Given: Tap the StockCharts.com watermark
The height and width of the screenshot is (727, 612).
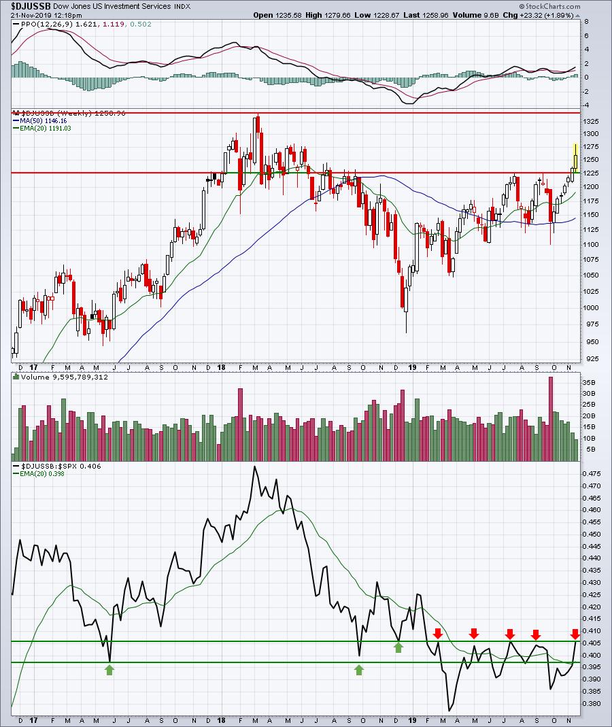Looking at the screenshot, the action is coord(550,7).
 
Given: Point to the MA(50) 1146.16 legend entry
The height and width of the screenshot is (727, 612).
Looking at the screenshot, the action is coord(43,120).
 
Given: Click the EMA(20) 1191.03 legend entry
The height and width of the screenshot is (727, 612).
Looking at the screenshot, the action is coord(45,128).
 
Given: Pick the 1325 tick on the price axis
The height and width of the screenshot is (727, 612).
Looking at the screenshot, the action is coord(591,122).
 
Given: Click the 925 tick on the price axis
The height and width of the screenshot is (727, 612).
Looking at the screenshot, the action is coord(591,359).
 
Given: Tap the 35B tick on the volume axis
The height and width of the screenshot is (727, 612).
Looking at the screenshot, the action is coord(589,382).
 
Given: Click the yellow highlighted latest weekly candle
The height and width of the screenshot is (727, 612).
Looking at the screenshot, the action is coord(575,158).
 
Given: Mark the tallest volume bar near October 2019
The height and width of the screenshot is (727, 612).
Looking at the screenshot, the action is coord(551,419).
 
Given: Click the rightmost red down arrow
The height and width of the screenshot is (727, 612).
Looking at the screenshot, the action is coord(575,635).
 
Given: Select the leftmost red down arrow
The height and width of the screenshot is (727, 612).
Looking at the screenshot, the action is coord(438,633).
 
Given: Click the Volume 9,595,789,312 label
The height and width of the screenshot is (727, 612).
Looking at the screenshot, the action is coord(64,377).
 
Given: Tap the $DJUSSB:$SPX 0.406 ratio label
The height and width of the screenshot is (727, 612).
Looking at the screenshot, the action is coord(61,466).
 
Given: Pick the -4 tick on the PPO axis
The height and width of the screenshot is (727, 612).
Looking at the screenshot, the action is coord(586,105).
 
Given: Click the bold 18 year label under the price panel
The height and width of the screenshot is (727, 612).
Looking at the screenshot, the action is coord(222,367).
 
